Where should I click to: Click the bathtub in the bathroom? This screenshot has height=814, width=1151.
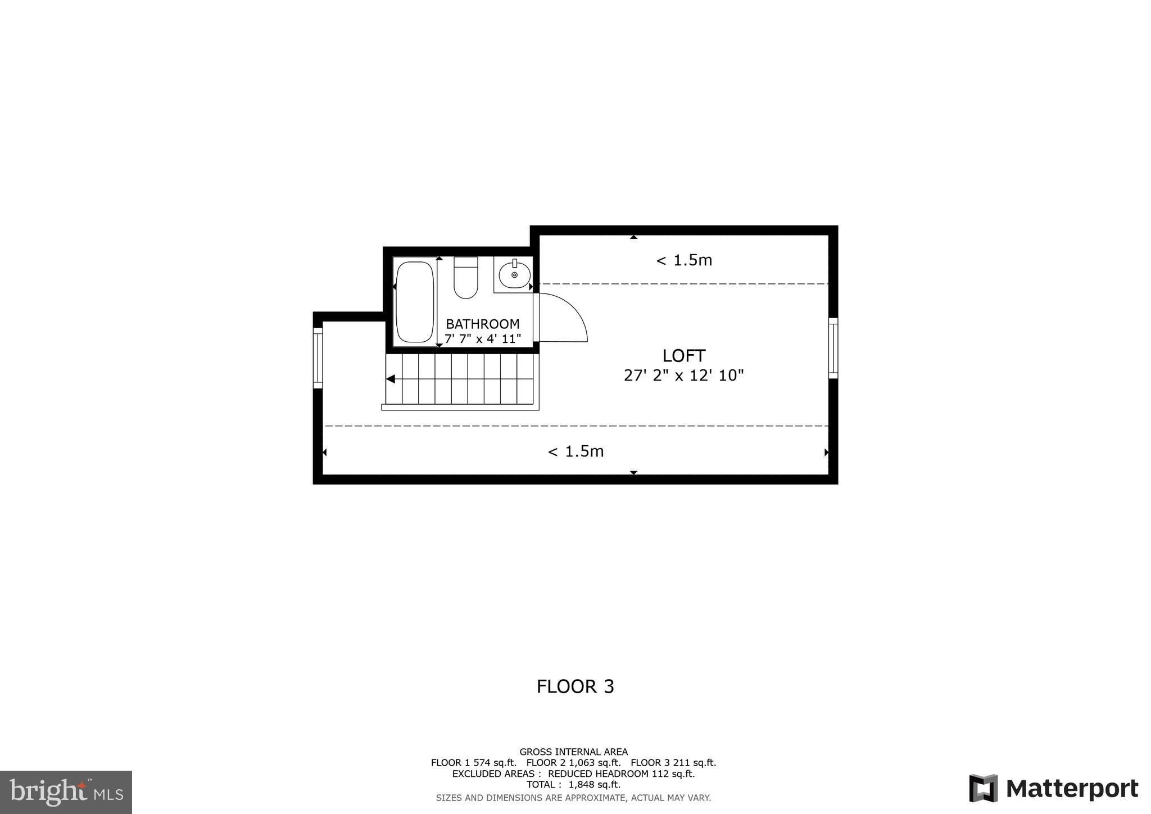click(x=415, y=301)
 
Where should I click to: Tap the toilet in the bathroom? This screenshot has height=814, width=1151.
click(x=465, y=278)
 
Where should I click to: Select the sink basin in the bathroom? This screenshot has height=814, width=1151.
click(x=514, y=275)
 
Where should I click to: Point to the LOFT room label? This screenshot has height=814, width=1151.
click(x=683, y=355)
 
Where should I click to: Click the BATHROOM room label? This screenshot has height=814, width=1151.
click(x=482, y=324)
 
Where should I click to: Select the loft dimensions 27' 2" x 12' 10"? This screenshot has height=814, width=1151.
click(x=683, y=376)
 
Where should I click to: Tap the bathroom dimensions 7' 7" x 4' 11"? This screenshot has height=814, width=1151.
click(x=483, y=338)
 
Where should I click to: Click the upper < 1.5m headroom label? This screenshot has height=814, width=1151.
click(x=684, y=260)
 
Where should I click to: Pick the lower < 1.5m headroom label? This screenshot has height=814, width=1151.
click(x=575, y=451)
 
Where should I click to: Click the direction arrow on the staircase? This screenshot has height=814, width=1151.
click(x=391, y=379)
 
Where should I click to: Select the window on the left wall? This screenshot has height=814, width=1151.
click(x=318, y=358)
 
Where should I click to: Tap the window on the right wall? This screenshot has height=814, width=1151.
click(x=833, y=348)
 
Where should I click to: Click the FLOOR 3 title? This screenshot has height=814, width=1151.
click(x=575, y=686)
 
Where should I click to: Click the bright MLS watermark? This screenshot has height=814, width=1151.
click(x=66, y=793)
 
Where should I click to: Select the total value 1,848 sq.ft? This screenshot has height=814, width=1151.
click(x=595, y=785)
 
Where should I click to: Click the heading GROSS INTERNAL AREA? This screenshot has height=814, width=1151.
click(x=573, y=752)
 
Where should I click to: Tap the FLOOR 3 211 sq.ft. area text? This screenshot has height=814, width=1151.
click(x=673, y=763)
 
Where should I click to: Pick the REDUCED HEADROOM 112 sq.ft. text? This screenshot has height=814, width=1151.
click(x=621, y=774)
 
